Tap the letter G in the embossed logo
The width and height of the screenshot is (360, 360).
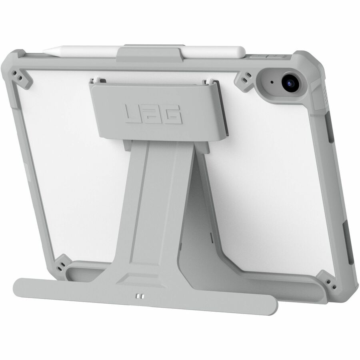pyautogui.click(x=173, y=116)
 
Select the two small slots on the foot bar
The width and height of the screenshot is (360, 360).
pyautogui.click(x=139, y=296)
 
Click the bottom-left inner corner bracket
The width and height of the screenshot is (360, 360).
pyautogui.click(x=62, y=264)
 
